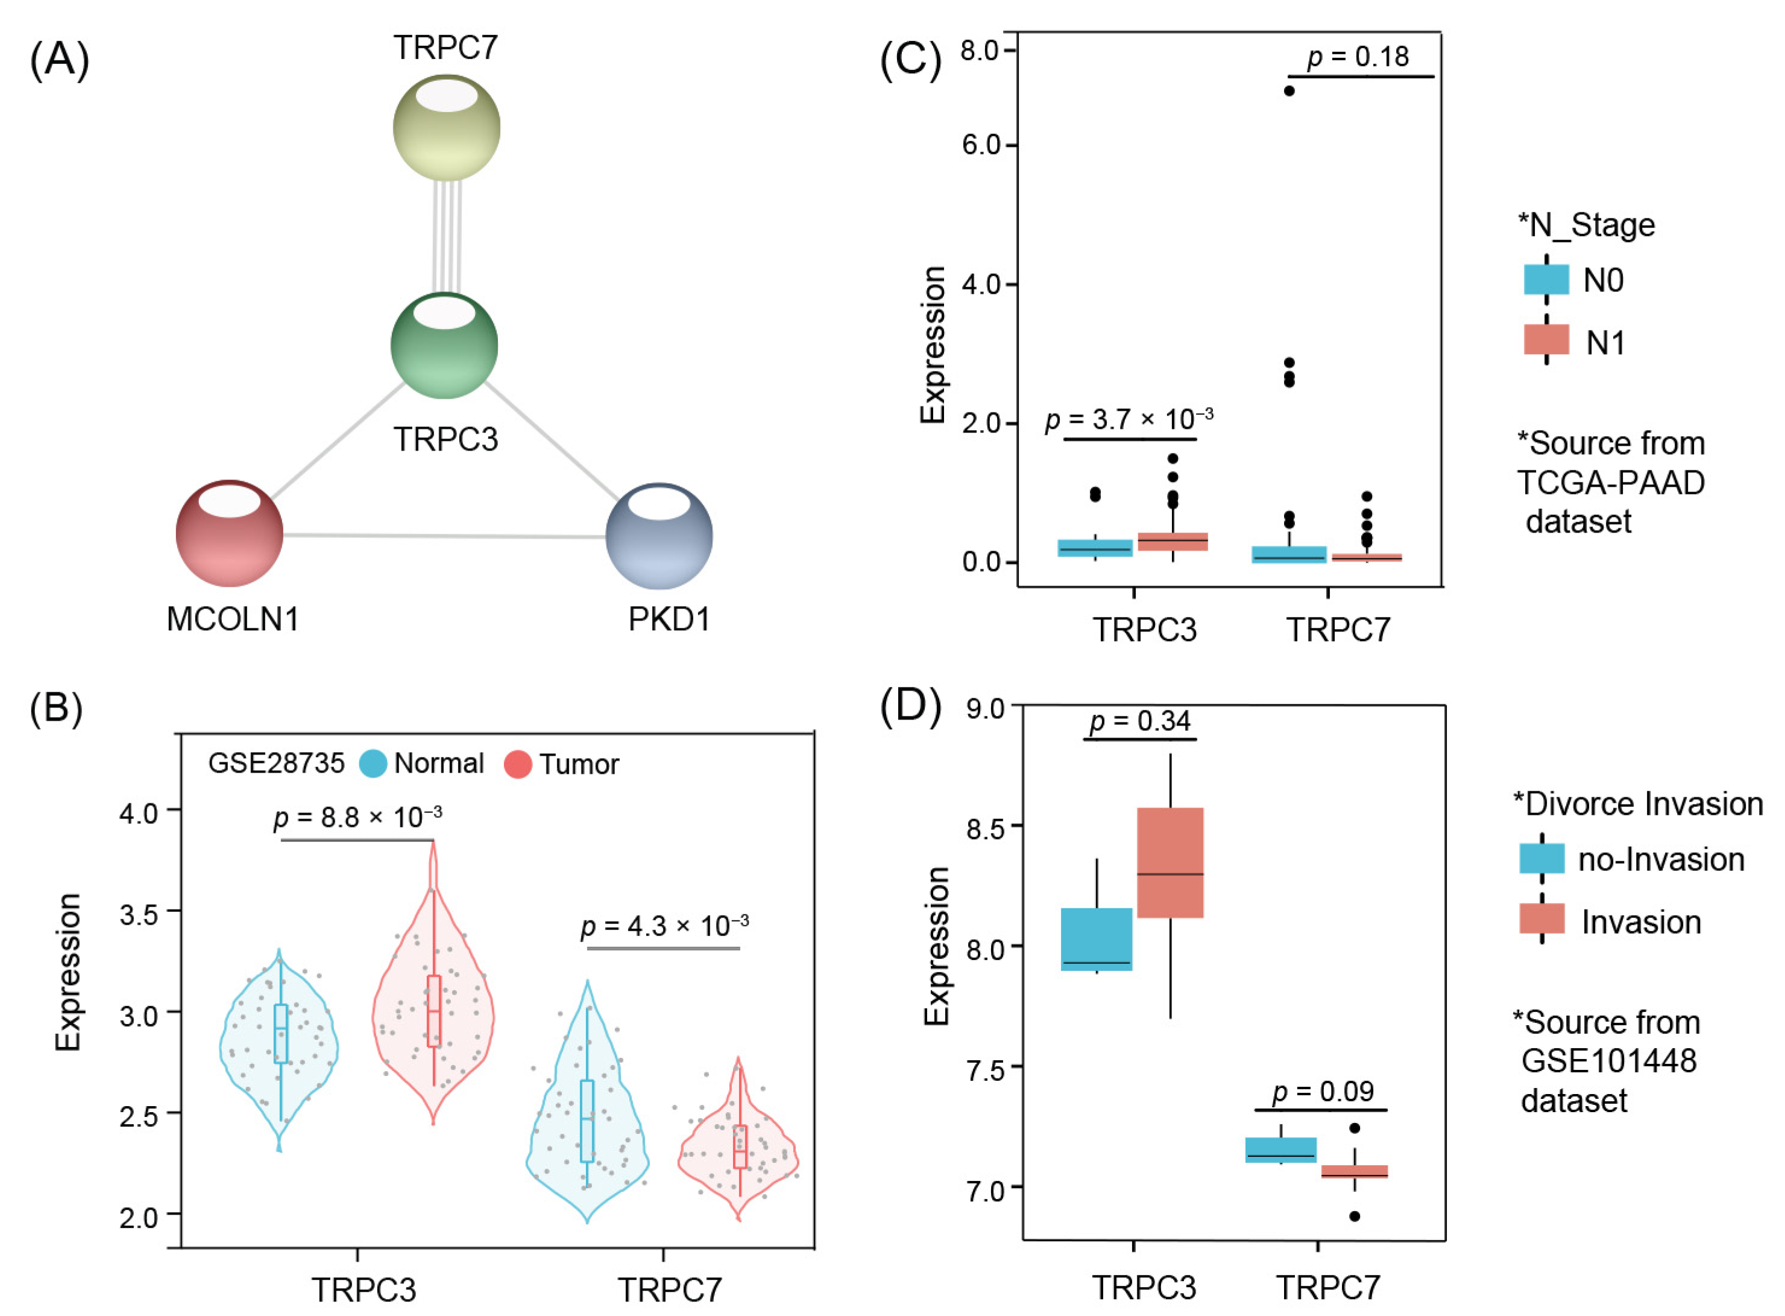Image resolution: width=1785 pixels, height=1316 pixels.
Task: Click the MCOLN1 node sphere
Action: click(229, 533)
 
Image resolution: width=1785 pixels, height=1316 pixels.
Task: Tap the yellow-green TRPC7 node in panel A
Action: click(446, 127)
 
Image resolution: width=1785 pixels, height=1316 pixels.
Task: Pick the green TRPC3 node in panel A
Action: click(444, 345)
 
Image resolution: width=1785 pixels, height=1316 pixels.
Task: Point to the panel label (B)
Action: click(55, 707)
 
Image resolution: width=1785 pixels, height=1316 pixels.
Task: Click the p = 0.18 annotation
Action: click(1358, 57)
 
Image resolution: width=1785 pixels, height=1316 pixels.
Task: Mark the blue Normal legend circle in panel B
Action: click(373, 763)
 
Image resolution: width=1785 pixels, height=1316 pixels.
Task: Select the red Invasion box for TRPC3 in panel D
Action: click(1170, 862)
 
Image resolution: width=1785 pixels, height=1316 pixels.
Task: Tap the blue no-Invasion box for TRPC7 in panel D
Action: click(1280, 1150)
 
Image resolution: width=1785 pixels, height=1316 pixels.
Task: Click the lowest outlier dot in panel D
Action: click(1355, 1216)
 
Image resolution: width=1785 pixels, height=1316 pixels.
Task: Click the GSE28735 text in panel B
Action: click(276, 763)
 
